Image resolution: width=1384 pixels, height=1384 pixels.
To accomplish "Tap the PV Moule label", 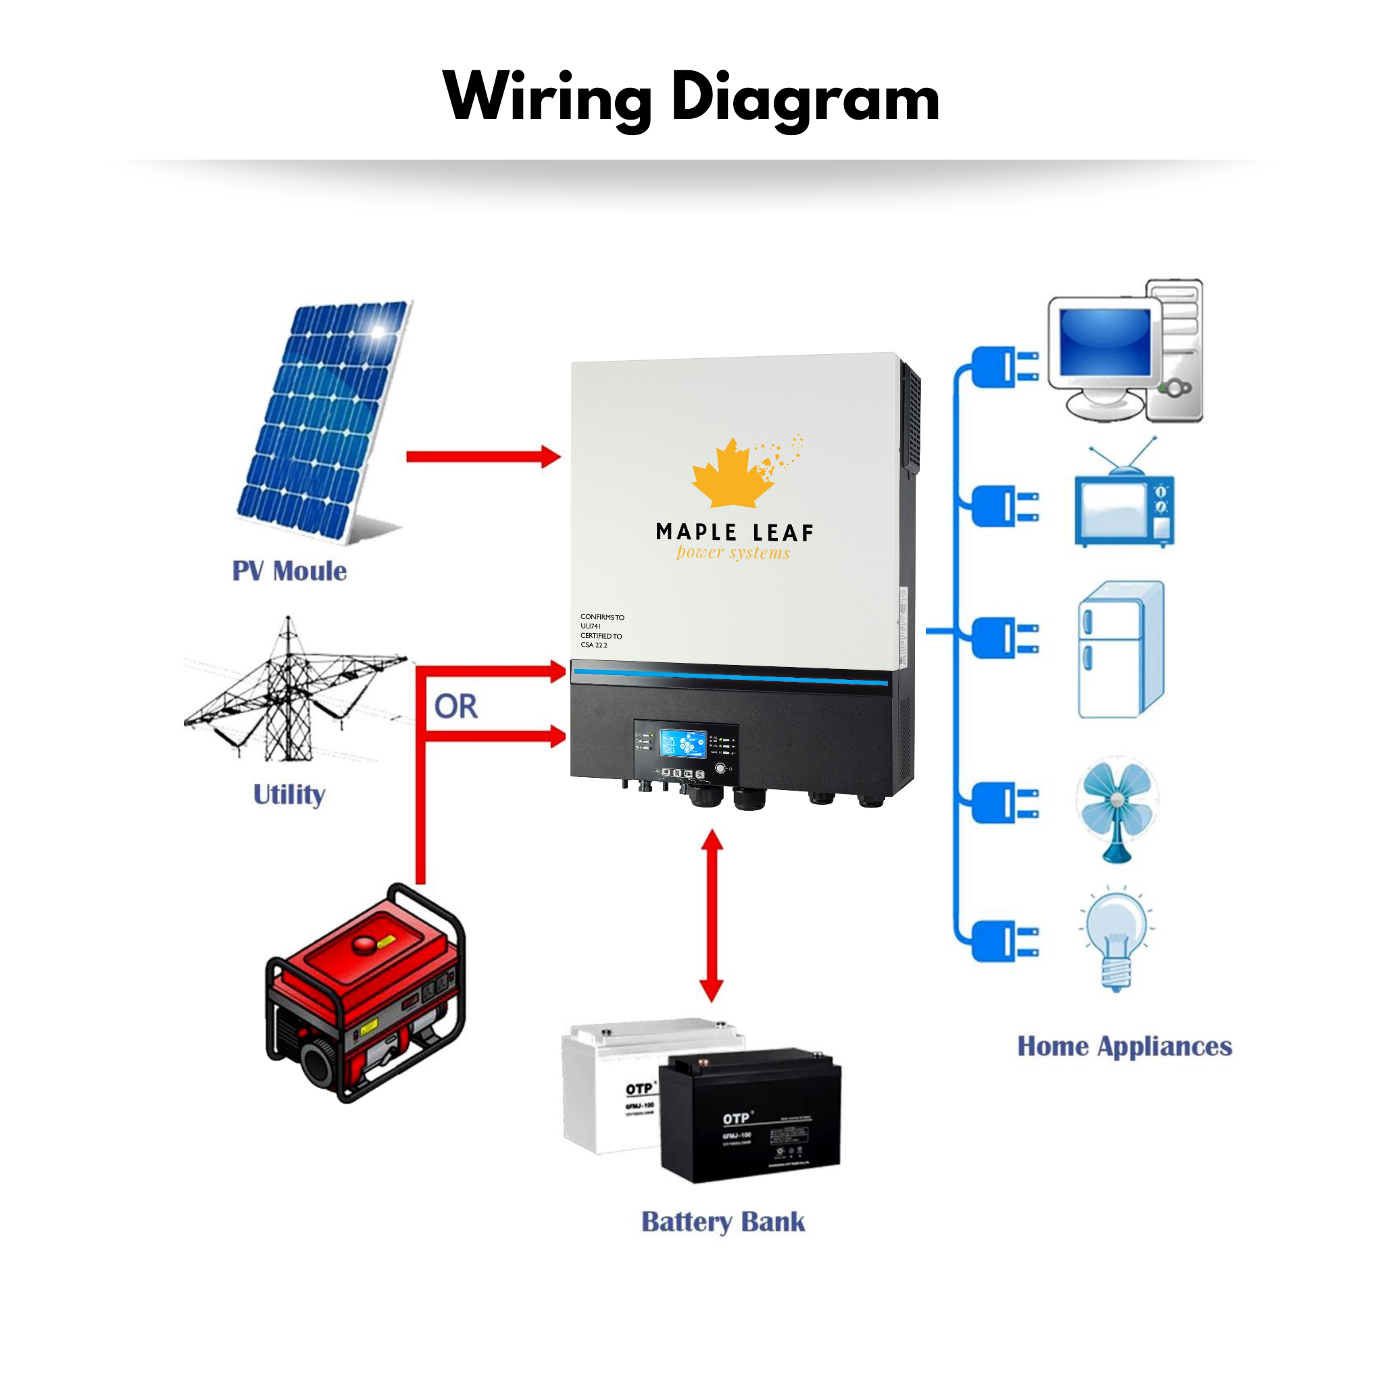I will pos(289,571).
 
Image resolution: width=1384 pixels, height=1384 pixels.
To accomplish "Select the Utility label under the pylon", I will pos(289,794).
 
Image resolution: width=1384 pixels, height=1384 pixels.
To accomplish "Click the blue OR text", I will pos(455,707).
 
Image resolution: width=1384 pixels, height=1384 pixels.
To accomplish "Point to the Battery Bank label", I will pos(723,1221).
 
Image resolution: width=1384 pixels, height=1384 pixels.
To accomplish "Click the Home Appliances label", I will pos(1124,1046).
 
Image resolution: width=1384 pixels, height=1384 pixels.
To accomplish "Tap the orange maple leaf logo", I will pos(733,474).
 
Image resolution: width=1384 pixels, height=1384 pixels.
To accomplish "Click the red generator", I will pos(366,992).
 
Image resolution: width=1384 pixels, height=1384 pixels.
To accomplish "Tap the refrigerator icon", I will pos(1120,649).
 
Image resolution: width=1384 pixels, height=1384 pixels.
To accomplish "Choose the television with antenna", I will pos(1123,505).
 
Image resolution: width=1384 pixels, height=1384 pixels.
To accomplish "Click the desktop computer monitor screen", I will pos(1105,342).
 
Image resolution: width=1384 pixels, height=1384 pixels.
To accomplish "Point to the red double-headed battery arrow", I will pos(712,916).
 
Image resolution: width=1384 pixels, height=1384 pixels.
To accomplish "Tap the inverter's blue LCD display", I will pos(682,743).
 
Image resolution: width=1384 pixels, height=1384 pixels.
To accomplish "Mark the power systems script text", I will pos(733,552).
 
